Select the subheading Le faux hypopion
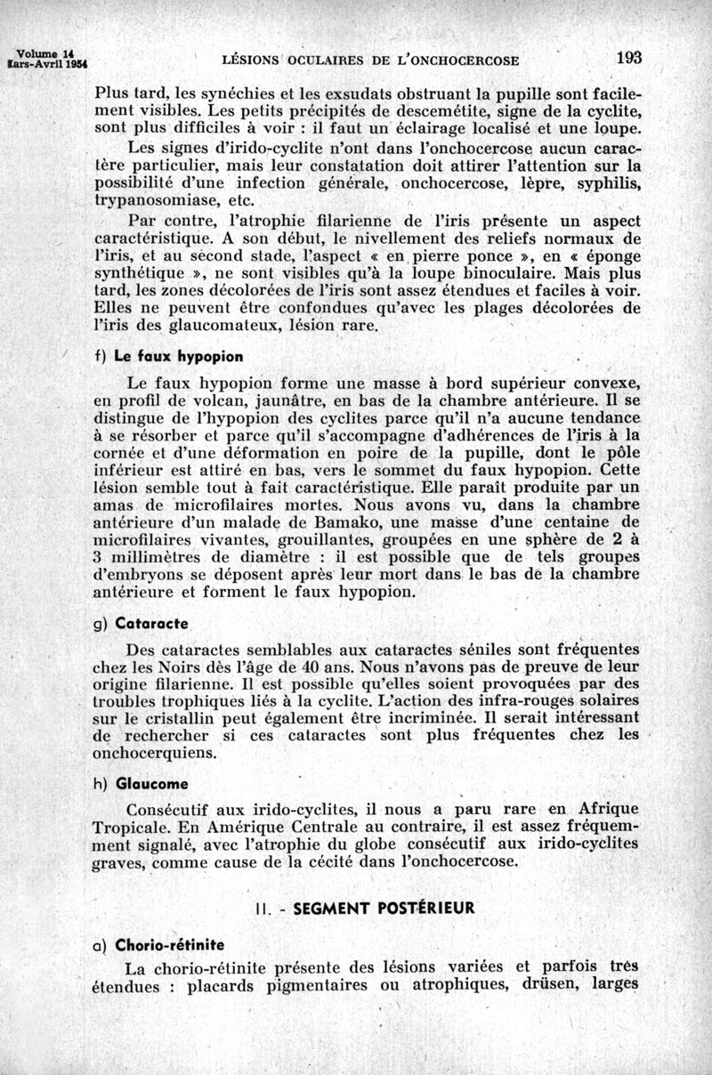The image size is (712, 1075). coord(178,356)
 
